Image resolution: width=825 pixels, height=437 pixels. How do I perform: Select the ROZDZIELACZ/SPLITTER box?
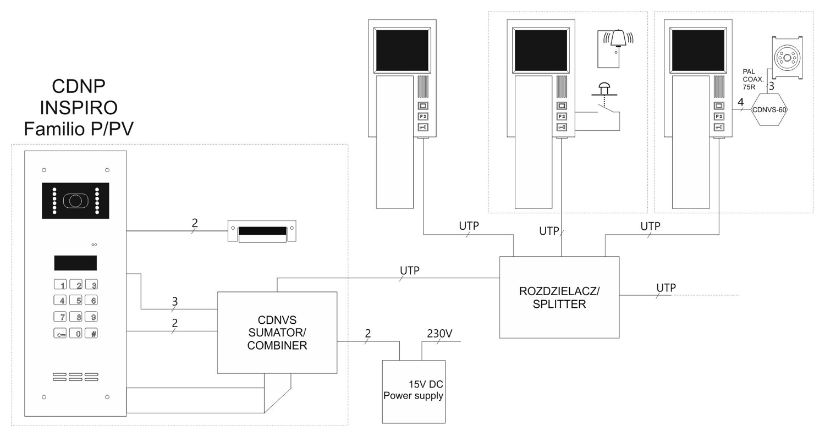click(x=559, y=297)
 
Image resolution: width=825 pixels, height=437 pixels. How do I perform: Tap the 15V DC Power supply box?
click(x=414, y=391)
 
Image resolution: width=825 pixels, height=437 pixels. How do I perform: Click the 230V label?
click(x=439, y=334)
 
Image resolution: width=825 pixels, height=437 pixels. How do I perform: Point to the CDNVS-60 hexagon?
click(x=768, y=109)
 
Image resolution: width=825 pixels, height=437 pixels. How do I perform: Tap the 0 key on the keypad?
click(x=78, y=333)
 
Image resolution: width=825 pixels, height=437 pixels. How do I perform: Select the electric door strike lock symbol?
click(x=262, y=231)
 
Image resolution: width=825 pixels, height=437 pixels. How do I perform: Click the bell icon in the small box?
click(x=619, y=40)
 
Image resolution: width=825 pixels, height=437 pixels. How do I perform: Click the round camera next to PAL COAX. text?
click(x=787, y=58)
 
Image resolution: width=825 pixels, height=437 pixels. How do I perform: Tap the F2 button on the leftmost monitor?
click(x=422, y=117)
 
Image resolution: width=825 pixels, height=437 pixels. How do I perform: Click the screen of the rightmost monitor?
click(x=698, y=49)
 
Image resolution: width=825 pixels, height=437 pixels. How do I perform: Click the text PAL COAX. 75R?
click(x=752, y=79)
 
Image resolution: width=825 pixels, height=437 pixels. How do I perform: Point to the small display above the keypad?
click(x=75, y=263)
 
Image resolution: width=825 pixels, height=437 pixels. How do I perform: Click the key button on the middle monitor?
click(x=561, y=128)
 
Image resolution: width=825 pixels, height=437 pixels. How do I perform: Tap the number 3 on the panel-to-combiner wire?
click(x=175, y=301)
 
